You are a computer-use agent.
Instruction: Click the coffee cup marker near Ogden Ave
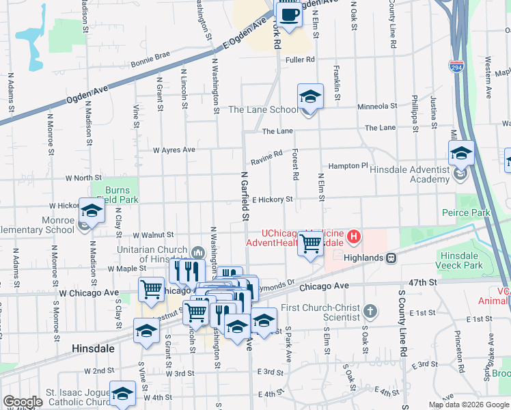pos(288,14)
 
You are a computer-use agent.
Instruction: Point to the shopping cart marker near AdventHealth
pos(311,243)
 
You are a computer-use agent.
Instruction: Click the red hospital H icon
pos(354,238)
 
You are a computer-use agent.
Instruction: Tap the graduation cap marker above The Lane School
pos(310,97)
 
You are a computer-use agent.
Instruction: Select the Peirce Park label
pos(467,213)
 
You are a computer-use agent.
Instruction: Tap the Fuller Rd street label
pos(301,59)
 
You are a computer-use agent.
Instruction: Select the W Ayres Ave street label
pos(174,150)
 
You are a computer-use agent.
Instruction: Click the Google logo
pos(23,401)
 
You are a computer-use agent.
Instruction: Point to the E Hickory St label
pos(272,200)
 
